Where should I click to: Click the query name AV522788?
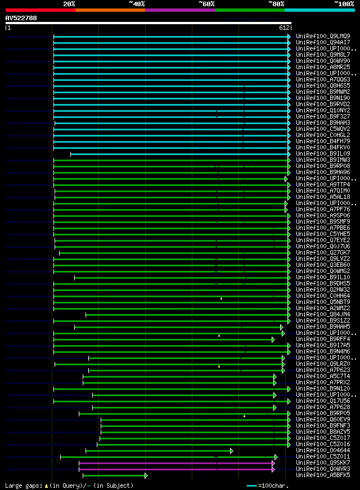pos(21,18)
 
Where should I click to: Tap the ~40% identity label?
pos(136,4)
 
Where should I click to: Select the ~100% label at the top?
pos(344,4)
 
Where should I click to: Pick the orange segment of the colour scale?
pos(110,10)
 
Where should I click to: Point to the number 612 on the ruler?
pos(283,28)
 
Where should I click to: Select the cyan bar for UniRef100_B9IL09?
pos(180,153)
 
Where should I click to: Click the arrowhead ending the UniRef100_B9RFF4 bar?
pos(273,339)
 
